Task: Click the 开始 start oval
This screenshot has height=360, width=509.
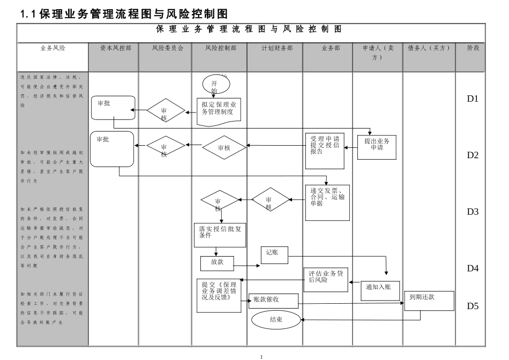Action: pos(215,85)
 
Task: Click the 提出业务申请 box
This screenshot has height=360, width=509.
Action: pos(377,147)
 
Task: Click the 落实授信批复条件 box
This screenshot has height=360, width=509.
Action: pos(219,235)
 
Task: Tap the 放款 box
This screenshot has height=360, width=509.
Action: pos(217,263)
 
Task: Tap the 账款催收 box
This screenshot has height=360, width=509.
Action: pos(273,301)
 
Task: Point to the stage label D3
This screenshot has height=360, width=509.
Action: pos(472,212)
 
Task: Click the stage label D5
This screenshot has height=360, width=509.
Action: pos(472,306)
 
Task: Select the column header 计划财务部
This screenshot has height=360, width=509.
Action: pos(277,48)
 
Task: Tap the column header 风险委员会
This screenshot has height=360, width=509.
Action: pos(167,48)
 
